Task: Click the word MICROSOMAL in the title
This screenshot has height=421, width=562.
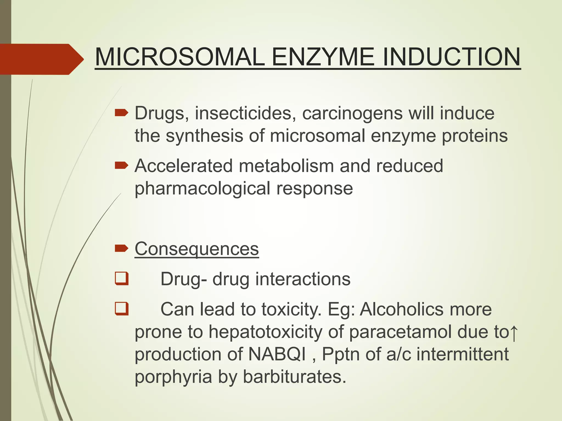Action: coord(180,57)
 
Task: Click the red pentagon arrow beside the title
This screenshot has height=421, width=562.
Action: coord(41,59)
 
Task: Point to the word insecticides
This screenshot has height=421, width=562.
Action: coord(243,113)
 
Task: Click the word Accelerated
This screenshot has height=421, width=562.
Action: coord(184,166)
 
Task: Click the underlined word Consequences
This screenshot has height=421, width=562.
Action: coord(197,249)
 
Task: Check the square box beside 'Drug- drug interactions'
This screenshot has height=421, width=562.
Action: coord(122,279)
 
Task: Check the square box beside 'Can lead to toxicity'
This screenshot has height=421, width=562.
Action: coord(122,309)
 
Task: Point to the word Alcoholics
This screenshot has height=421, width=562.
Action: coord(401,309)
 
